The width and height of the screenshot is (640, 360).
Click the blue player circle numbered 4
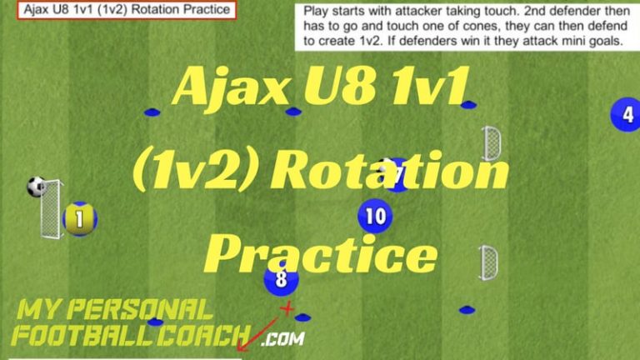[626, 115]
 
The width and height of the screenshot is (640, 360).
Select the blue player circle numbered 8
[281, 279]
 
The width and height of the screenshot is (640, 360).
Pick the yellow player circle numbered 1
[80, 220]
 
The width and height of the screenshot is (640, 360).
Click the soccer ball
[36, 187]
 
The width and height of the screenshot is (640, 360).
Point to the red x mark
[287, 309]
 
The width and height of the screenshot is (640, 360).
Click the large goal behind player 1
[52, 208]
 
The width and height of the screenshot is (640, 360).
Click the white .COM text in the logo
[282, 338]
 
